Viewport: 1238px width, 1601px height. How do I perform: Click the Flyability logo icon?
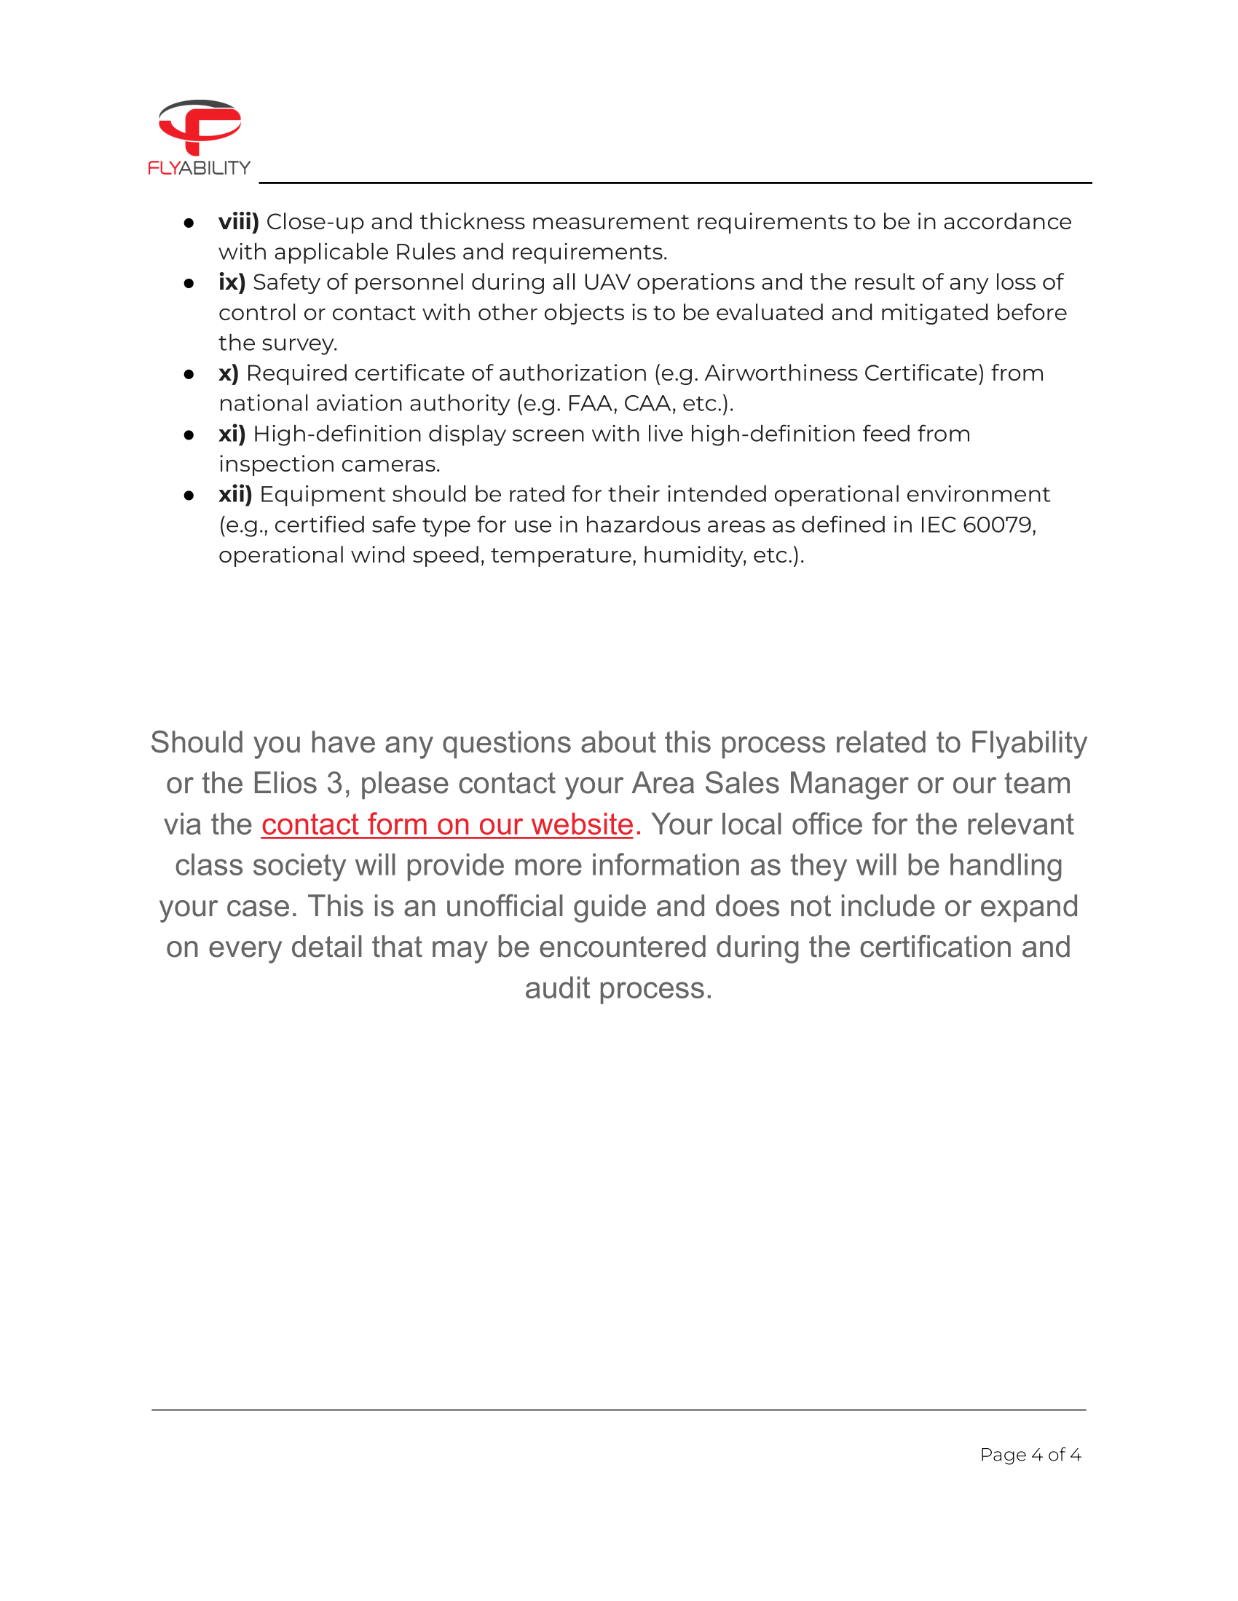coord(200,126)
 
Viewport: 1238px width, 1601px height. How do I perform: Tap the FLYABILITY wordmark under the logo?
coord(199,168)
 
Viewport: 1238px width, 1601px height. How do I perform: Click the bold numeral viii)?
coord(238,221)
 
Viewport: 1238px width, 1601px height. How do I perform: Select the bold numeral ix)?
coord(232,282)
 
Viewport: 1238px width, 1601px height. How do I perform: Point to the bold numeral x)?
coord(229,373)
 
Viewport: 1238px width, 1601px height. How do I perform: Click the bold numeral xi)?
coord(232,434)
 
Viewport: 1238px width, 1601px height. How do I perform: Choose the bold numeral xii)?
coord(235,495)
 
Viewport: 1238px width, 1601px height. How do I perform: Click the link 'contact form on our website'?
coord(446,825)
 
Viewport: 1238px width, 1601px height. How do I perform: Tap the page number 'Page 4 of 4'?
coord(1030,1455)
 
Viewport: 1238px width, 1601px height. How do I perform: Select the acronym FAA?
coord(591,404)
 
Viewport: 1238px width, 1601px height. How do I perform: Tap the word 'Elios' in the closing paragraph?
coord(285,784)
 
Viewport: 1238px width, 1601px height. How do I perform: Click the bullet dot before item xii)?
coord(189,496)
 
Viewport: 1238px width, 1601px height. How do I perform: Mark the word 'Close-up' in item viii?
coord(315,222)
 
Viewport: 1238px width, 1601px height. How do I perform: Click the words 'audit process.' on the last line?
coord(618,989)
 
